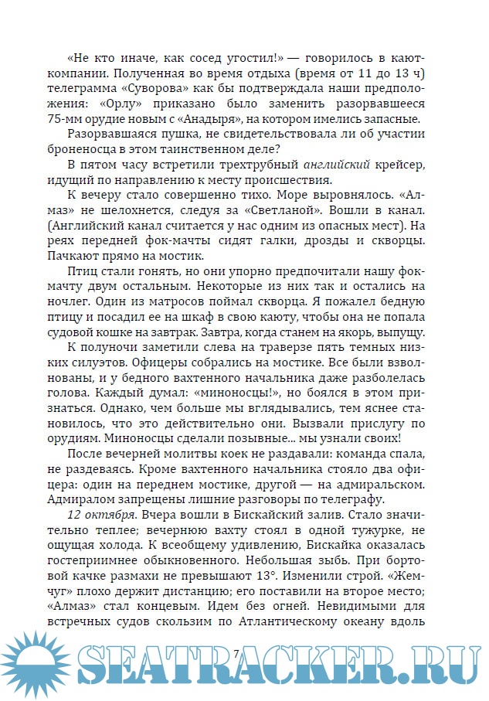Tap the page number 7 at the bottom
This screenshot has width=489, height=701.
tap(236, 654)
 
